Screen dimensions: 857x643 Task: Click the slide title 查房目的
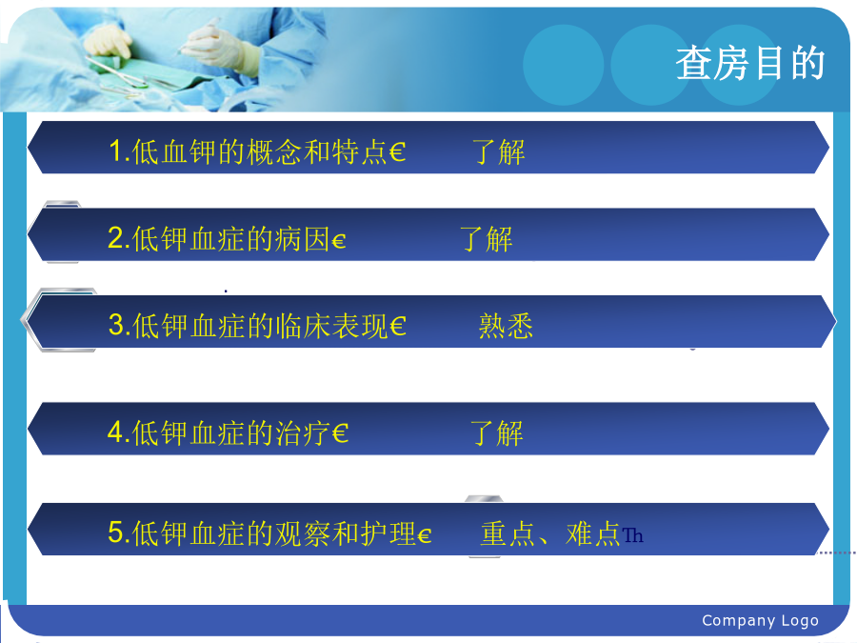[750, 64]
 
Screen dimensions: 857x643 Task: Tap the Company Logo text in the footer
[760, 620]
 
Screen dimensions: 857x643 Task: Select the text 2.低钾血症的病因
[219, 239]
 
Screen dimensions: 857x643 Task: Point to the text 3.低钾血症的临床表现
[249, 326]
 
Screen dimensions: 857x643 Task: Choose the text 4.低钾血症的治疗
[219, 432]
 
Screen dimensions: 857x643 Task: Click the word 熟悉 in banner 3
[506, 327]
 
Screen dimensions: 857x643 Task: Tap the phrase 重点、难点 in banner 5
[549, 533]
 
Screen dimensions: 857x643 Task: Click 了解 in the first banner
[498, 152]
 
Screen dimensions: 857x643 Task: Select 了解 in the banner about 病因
[486, 239]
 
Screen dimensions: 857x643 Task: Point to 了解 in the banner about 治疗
[497, 433]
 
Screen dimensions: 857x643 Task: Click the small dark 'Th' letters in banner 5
[632, 535]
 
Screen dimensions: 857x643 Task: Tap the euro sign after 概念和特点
[398, 152]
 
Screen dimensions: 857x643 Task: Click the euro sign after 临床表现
[398, 327]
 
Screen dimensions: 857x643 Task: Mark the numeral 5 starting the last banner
[115, 532]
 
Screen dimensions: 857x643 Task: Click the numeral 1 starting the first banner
[115, 151]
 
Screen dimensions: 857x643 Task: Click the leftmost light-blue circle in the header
[564, 65]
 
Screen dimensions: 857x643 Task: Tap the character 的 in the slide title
[807, 64]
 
